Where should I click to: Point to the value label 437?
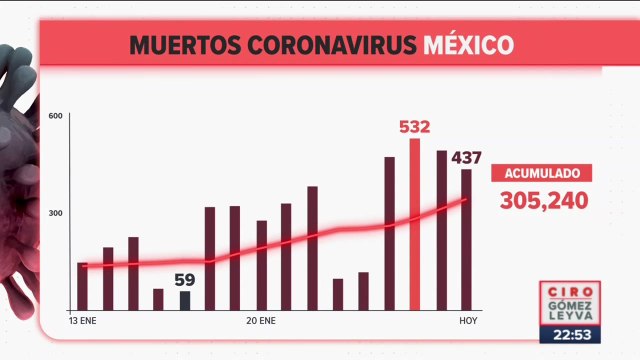click(x=467, y=157)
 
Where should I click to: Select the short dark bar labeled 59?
click(x=185, y=300)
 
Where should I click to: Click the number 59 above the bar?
click(x=184, y=281)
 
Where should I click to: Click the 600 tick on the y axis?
click(x=56, y=117)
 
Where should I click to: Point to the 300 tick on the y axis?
click(x=56, y=214)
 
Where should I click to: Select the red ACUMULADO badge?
click(x=541, y=172)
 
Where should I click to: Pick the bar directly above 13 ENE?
click(x=82, y=286)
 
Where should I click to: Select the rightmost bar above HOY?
click(x=466, y=240)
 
